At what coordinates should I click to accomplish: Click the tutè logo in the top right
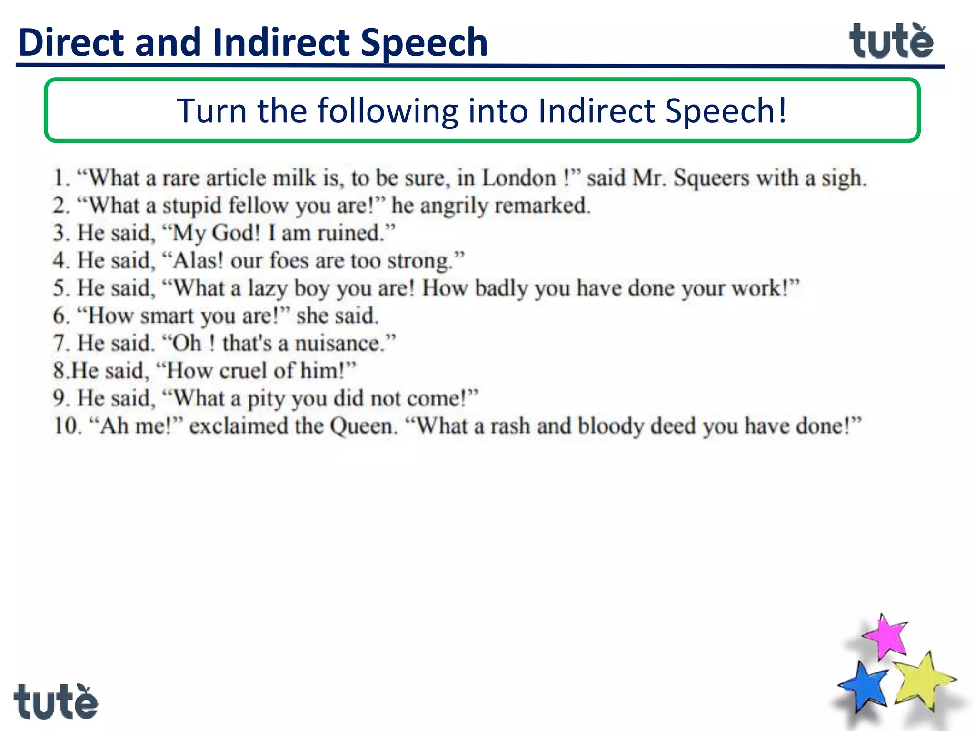point(891,42)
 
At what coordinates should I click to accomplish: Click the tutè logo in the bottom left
point(56,701)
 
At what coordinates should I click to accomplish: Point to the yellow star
point(923,681)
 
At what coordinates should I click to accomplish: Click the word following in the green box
point(388,110)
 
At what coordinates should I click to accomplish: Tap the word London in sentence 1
point(519,178)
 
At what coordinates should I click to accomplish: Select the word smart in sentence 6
point(167,316)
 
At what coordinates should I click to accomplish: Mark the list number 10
point(66,426)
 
